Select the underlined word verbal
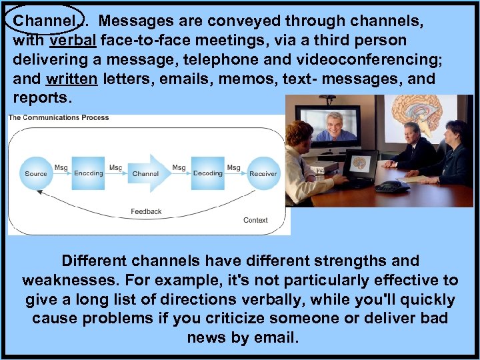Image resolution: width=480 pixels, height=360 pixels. tap(73, 41)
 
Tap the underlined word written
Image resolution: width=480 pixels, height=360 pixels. tap(72, 79)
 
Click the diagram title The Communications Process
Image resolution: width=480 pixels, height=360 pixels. tap(59, 118)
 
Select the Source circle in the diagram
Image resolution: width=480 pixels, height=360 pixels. tap(36, 173)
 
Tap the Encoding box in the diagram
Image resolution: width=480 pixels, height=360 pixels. tap(88, 173)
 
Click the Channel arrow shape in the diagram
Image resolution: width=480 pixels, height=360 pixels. tap(146, 173)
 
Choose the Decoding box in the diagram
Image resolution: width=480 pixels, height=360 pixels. tap(207, 173)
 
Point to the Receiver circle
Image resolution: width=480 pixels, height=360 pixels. tap(263, 173)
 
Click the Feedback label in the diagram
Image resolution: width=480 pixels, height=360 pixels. tap(146, 211)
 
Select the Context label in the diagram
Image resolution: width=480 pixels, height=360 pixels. tap(255, 220)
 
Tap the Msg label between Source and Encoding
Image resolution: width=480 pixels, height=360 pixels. tap(61, 167)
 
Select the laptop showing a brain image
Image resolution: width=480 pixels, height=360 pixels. tap(360, 165)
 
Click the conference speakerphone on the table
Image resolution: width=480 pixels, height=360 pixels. tap(392, 186)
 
